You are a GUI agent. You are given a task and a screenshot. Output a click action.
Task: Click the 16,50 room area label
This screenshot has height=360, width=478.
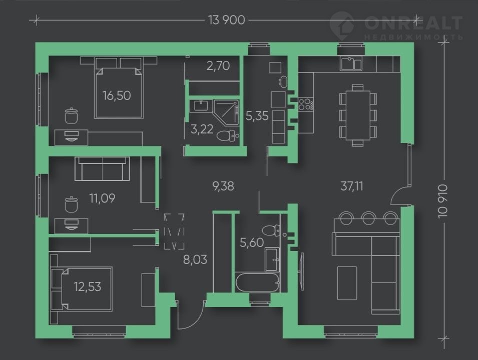point(117,95)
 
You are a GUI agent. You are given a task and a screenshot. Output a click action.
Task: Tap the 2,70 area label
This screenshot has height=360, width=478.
point(218,65)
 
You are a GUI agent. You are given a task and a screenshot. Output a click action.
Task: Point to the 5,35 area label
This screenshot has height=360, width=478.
point(257,116)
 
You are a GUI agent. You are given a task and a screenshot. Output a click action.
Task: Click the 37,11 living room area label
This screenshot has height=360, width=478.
point(352,186)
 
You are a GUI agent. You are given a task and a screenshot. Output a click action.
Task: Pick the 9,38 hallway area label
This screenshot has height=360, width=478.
point(223,186)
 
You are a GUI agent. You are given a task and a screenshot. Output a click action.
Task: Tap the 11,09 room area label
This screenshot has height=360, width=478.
point(101,198)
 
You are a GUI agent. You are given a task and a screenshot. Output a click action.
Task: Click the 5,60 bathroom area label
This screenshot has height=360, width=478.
point(251,243)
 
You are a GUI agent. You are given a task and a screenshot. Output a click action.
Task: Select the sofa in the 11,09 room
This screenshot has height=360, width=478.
point(103,168)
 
